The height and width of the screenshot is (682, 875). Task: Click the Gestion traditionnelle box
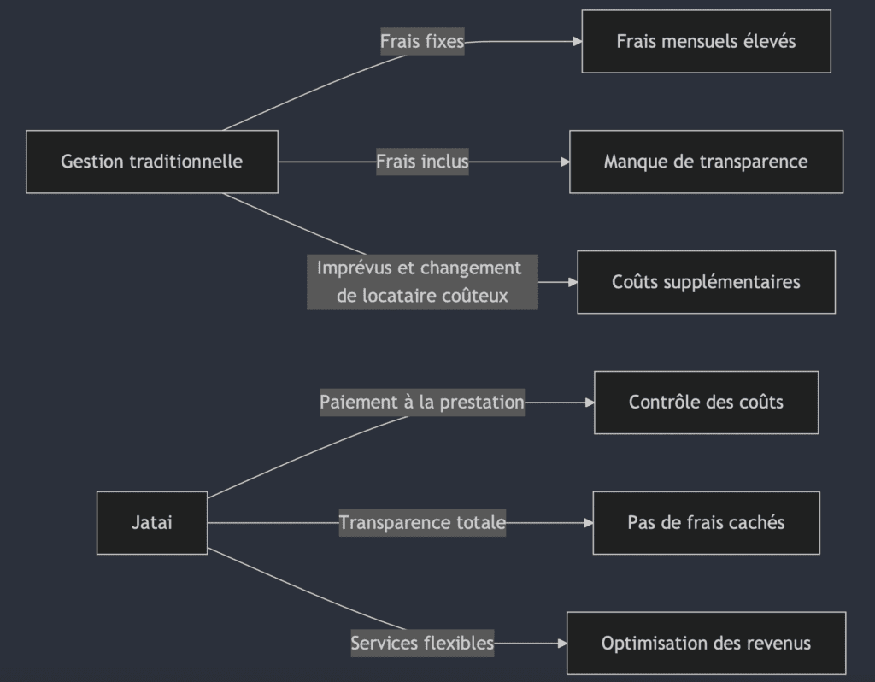pyautogui.click(x=152, y=162)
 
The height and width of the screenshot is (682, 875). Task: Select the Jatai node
pyautogui.click(x=152, y=522)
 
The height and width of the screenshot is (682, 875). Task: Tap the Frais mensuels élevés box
pyautogui.click(x=706, y=41)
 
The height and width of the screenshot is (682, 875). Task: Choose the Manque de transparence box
pyautogui.click(x=706, y=162)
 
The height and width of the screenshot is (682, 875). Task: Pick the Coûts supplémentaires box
pyautogui.click(x=706, y=282)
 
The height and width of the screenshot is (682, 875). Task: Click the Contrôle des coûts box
pyautogui.click(x=706, y=402)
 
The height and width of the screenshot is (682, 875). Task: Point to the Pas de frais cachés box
pyautogui.click(x=706, y=522)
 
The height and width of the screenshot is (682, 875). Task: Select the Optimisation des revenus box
pyautogui.click(x=706, y=643)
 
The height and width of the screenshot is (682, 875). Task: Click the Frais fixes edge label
pyautogui.click(x=422, y=41)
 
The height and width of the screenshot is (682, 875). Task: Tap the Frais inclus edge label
pyautogui.click(x=422, y=162)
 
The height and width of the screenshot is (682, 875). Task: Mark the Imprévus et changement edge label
pyautogui.click(x=422, y=282)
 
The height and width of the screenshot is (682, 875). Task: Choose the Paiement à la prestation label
pyautogui.click(x=422, y=402)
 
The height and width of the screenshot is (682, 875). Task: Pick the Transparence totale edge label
pyautogui.click(x=422, y=522)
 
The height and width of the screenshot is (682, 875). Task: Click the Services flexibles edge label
pyautogui.click(x=422, y=643)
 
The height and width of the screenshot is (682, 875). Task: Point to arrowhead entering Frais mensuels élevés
pyautogui.click(x=577, y=41)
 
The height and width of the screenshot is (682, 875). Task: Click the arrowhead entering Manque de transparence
pyautogui.click(x=565, y=162)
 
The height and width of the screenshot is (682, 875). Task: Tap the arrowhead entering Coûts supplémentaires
pyautogui.click(x=573, y=282)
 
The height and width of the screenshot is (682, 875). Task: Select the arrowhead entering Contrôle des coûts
pyautogui.click(x=590, y=402)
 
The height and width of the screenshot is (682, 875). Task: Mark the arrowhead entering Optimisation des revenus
pyautogui.click(x=562, y=643)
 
